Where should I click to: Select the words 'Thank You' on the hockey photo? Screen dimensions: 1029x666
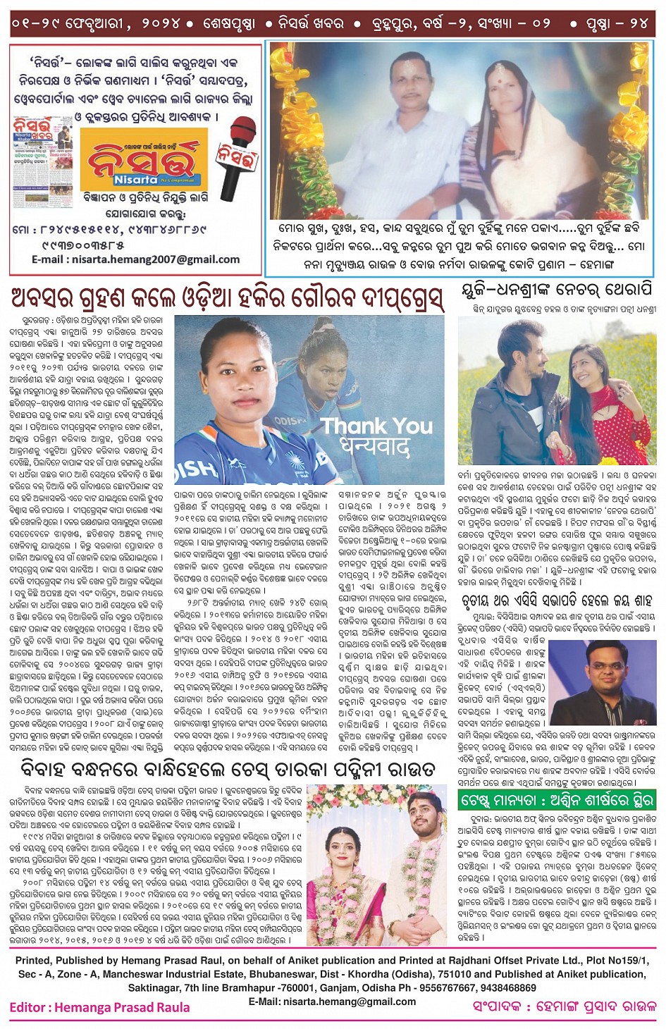tap(377, 426)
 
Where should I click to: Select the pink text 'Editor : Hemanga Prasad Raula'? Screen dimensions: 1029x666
tap(99, 1007)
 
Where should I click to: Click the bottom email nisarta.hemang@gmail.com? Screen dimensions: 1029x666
tap(332, 1002)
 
